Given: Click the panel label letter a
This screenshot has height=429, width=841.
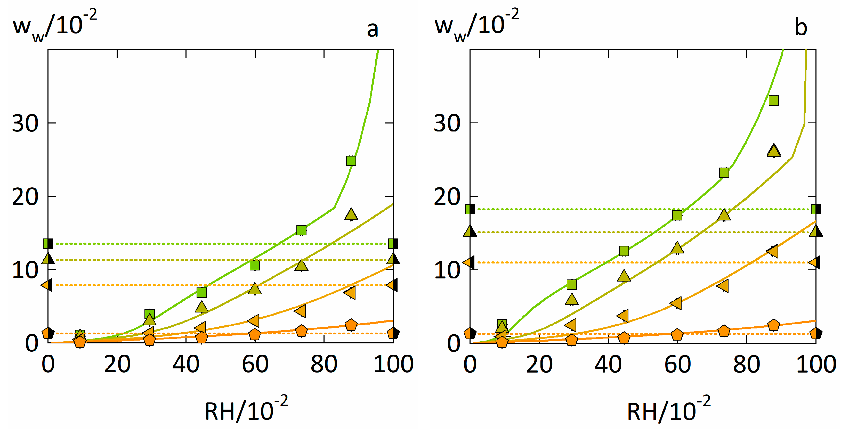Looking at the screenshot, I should pos(373,29).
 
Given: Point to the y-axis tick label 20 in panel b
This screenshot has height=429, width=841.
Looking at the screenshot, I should pos(447,197).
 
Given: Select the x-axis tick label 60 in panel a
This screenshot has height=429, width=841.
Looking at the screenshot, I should pos(255,364).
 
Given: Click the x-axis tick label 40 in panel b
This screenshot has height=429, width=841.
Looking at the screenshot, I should pos(608,364).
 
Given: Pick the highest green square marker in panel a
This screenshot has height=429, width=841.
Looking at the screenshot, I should pos(351,161).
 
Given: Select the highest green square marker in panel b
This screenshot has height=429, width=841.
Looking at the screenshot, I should pos(773,101).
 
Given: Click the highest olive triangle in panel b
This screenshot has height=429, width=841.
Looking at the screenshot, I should pos(773,151).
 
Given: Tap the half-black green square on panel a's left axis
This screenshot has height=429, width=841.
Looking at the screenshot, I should pos(48,243).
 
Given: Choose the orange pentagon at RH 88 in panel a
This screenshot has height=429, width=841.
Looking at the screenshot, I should pos(351,325).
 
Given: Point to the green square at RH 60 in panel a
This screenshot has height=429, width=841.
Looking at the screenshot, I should pos(255,265).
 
